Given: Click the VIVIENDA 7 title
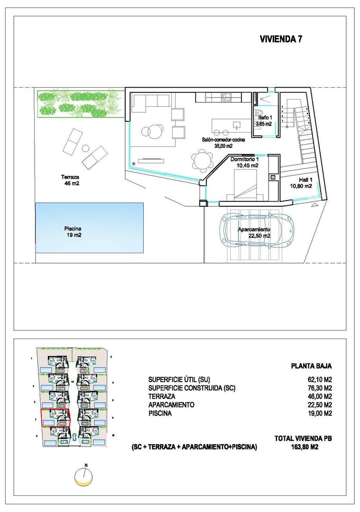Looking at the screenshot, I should [x=281, y=40].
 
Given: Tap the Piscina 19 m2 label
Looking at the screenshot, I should [x=74, y=231].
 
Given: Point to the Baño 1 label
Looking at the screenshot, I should [x=264, y=120].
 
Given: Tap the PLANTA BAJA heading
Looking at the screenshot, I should [x=311, y=366].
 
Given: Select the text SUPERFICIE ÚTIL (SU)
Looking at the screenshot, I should [x=178, y=379].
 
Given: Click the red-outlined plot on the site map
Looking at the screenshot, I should [x=55, y=418].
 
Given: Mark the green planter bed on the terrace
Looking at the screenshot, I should [x=79, y=103].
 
